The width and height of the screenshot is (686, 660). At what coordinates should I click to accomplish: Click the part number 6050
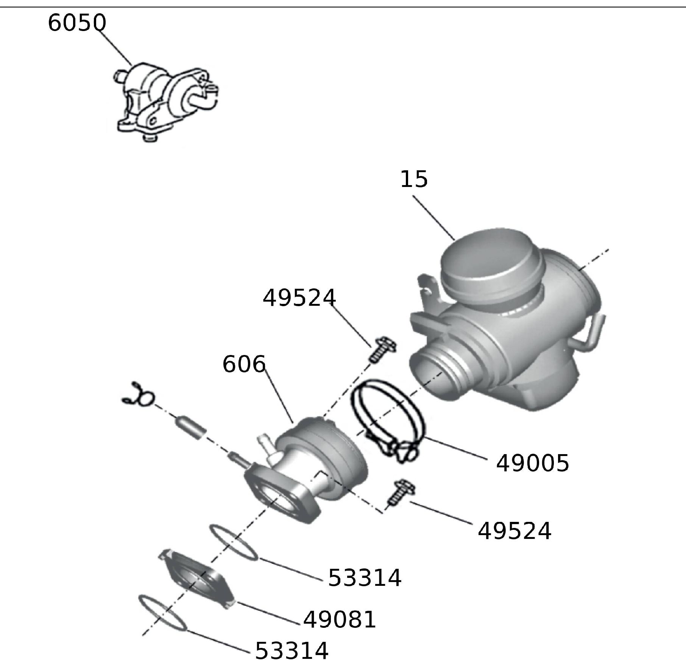tap(77, 23)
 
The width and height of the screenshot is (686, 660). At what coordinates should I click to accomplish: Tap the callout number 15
tap(414, 179)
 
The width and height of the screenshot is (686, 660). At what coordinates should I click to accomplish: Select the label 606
tap(244, 364)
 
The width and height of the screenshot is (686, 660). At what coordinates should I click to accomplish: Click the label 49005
tap(532, 463)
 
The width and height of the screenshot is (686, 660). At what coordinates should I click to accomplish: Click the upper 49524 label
tap(299, 297)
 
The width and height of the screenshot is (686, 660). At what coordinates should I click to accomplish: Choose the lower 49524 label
tap(514, 531)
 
